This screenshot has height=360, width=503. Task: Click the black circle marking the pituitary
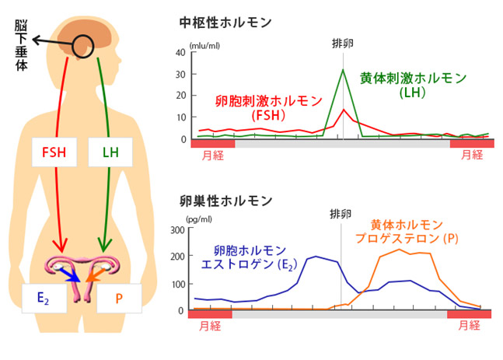tap(82, 46)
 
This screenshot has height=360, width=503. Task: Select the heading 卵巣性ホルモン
tap(225, 201)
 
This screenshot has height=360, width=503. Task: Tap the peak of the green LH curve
tap(343, 69)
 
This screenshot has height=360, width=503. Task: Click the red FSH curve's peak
tap(344, 109)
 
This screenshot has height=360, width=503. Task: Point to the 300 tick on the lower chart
tap(177, 230)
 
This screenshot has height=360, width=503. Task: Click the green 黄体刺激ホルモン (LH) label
tap(413, 86)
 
